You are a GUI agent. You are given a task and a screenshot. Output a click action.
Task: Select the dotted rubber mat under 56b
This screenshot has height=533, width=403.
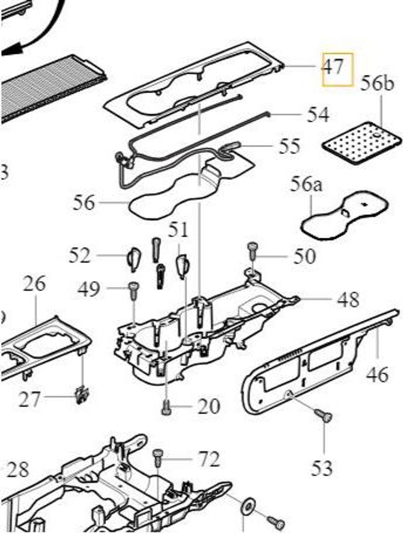pos(362,143)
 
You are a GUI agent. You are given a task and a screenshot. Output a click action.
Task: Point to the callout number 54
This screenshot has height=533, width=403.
pos(318,115)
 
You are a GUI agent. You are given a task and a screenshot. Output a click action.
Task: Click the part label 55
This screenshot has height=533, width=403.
pos(289,147)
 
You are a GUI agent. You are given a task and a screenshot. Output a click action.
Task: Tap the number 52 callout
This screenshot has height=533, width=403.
pos(80,256)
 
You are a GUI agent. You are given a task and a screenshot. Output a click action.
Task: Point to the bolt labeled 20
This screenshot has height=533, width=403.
pos(167,408)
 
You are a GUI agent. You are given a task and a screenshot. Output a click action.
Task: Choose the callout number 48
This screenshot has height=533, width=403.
pos(348,300)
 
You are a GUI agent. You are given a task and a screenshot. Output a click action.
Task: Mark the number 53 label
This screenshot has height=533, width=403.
pos(322,468)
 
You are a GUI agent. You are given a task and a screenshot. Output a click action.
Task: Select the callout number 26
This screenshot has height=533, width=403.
pos(34,284)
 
